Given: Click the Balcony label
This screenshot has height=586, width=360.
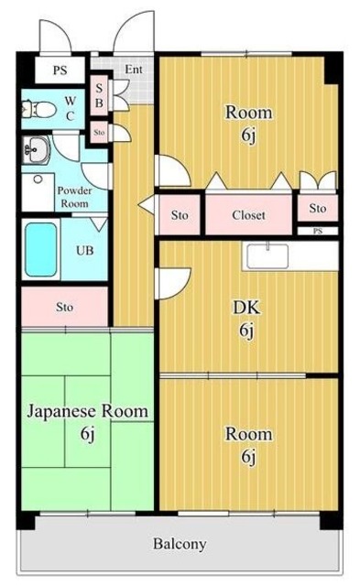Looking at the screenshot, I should (x=179, y=543).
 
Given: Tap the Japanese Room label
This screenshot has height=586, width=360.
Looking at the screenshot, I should (x=87, y=412).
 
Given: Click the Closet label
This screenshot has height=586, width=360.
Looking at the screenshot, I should (x=248, y=216).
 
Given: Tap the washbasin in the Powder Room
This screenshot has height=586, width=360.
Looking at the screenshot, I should (x=38, y=148).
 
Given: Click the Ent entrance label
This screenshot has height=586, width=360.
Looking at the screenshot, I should (x=134, y=69).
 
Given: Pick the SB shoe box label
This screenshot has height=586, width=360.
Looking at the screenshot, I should (x=99, y=95).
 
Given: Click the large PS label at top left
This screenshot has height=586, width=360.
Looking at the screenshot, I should (x=60, y=69).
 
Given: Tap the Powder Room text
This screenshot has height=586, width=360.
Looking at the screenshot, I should (x=74, y=196).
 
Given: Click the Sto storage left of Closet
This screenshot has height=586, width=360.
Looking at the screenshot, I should (x=180, y=216).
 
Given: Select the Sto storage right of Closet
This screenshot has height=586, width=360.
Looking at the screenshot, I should (x=317, y=208).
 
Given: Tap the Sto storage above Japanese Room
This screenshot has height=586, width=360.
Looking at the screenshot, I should (x=64, y=306).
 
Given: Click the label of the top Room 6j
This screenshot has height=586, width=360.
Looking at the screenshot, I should (x=249, y=122).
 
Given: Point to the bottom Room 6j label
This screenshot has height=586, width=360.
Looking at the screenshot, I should (x=249, y=443).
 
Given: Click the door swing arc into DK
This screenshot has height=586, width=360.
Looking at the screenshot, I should (x=175, y=281).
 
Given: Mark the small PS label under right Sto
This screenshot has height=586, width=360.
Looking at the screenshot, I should (x=318, y=232).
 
